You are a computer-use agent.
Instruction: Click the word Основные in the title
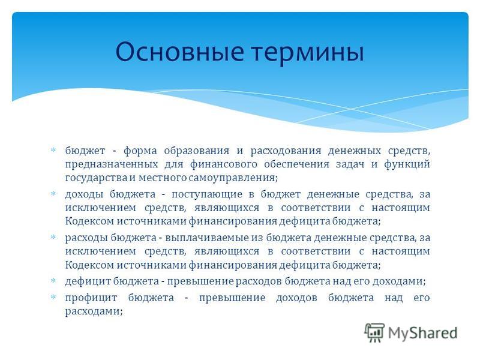[x=179, y=51]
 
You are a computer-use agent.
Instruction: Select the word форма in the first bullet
[x=140, y=151]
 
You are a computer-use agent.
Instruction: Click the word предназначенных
[x=112, y=164]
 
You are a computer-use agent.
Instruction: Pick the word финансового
[x=223, y=164]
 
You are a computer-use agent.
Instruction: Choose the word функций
[x=407, y=164]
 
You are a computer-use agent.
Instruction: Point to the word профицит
[x=91, y=298]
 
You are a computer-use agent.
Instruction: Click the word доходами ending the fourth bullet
[x=399, y=281]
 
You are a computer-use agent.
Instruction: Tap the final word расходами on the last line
[x=94, y=311]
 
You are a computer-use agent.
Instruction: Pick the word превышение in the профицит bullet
[x=232, y=298]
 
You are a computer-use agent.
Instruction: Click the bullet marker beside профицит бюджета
[x=53, y=297]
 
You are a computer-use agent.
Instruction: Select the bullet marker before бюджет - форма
[x=53, y=150]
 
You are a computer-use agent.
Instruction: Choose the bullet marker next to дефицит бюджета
[x=53, y=280]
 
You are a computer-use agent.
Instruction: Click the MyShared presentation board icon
[x=374, y=332]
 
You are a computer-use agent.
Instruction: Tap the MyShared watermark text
[x=422, y=333]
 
